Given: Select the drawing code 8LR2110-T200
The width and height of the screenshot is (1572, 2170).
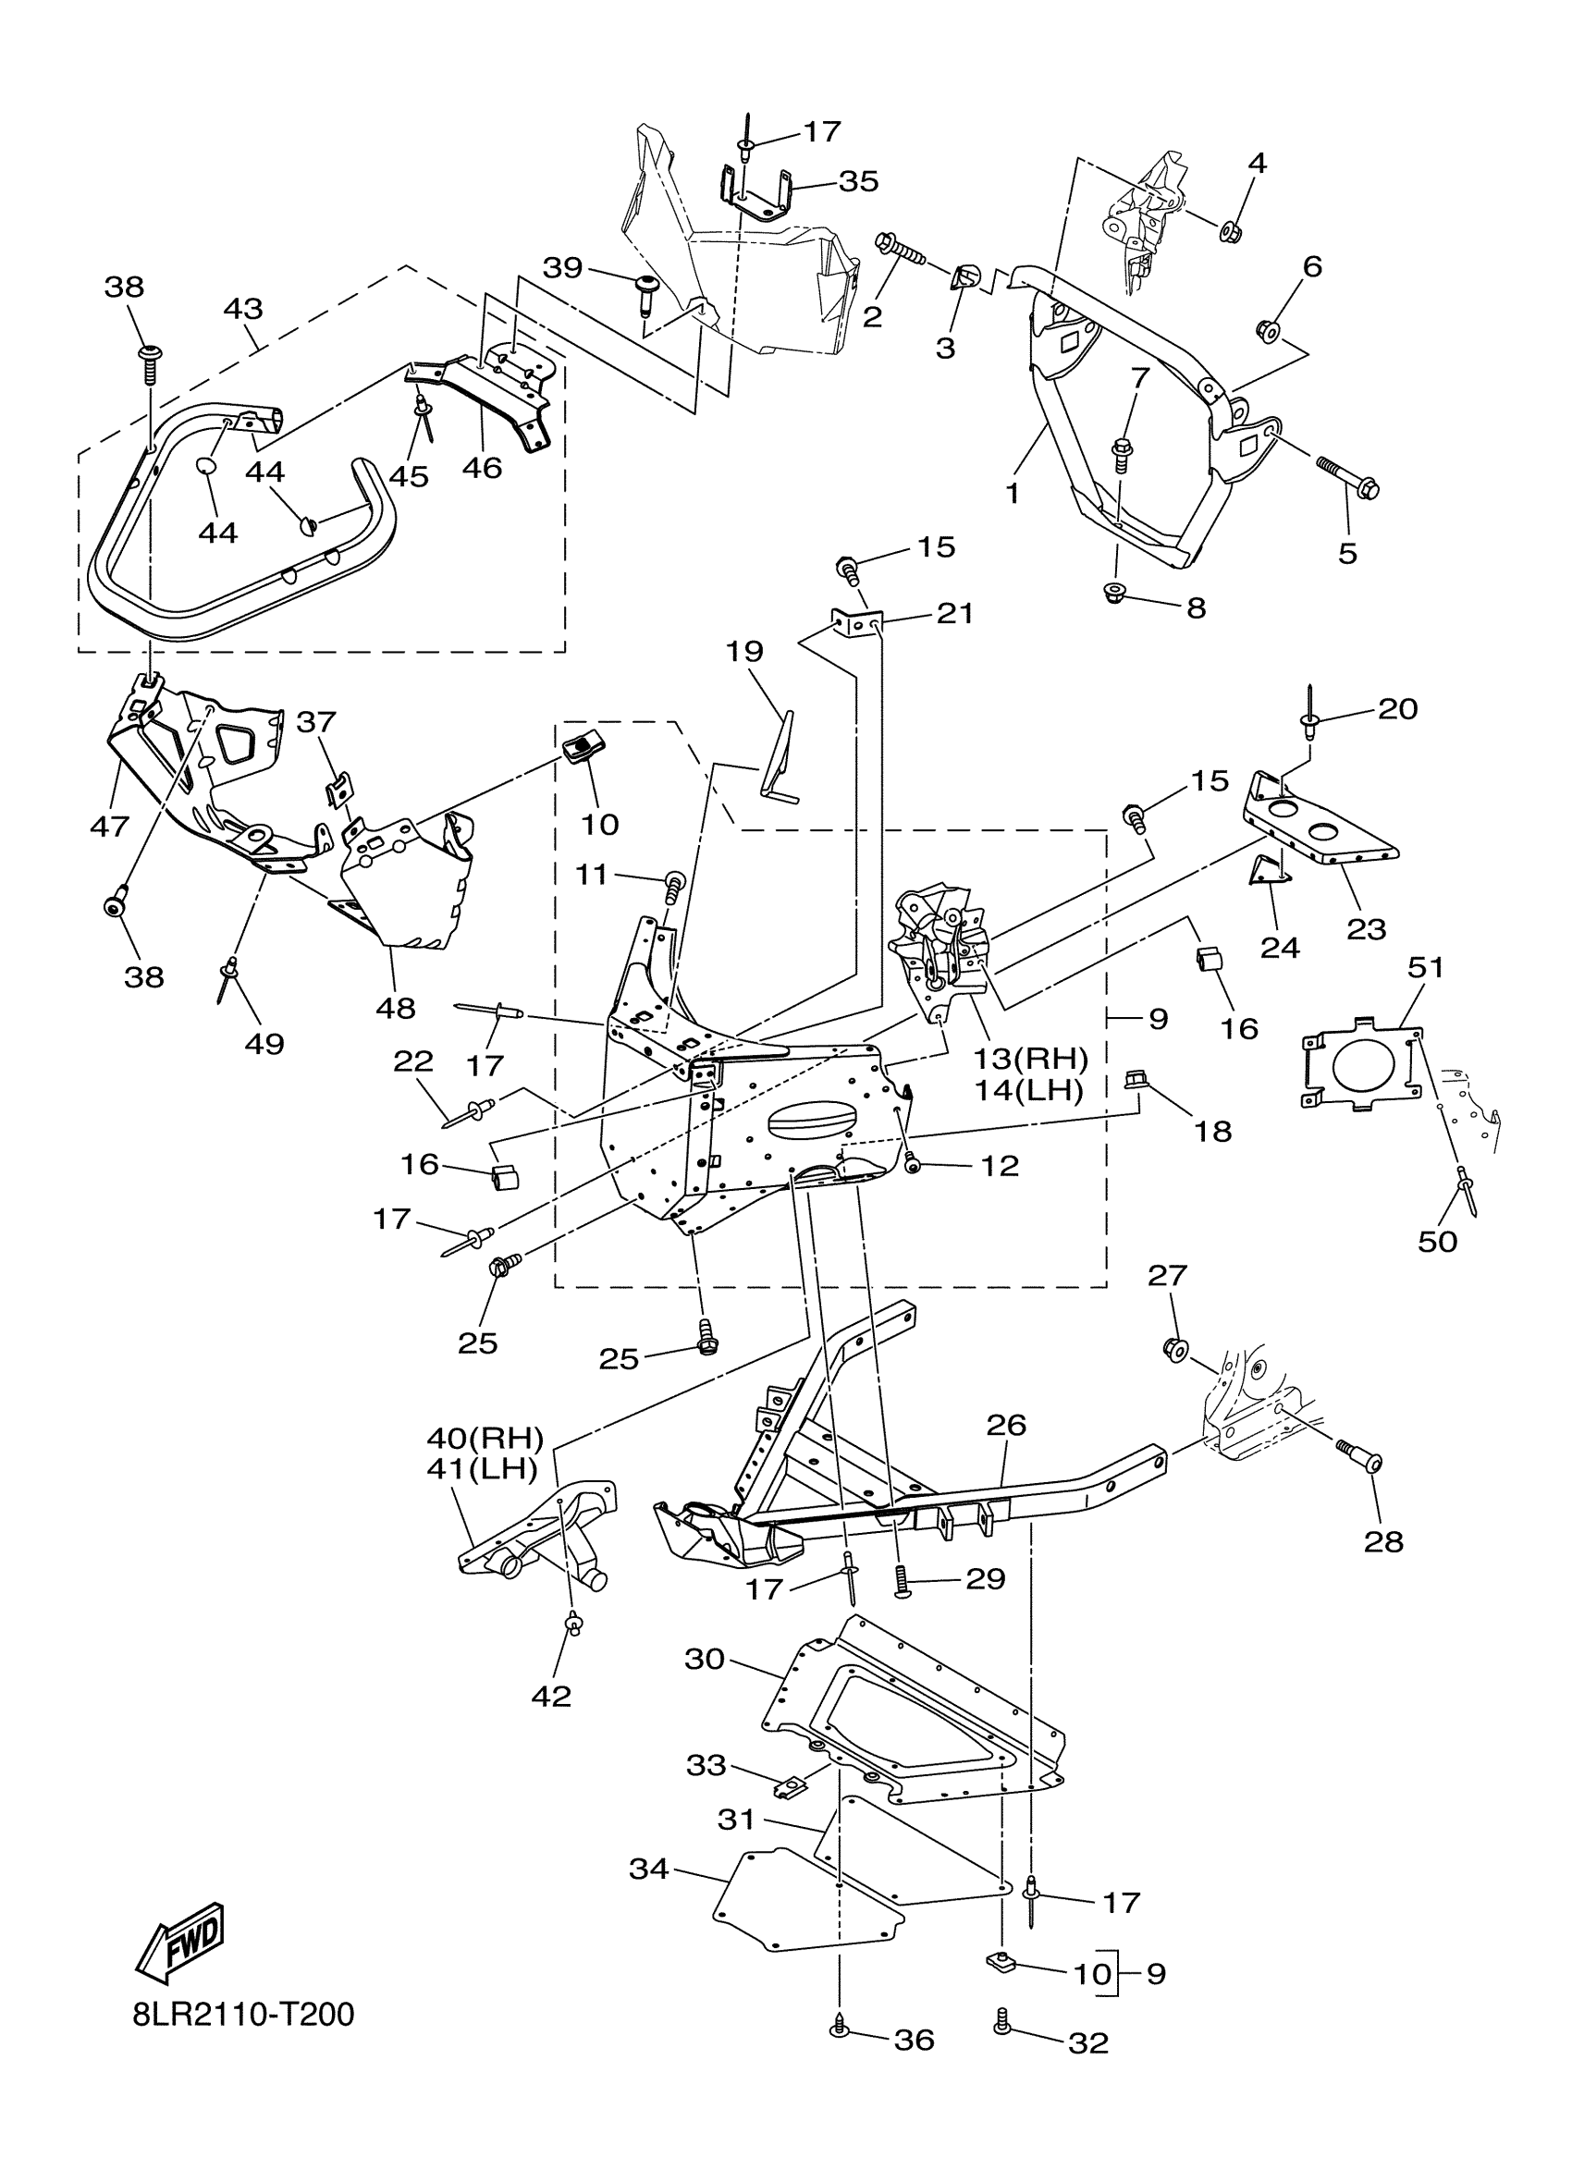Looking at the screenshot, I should click(244, 2015).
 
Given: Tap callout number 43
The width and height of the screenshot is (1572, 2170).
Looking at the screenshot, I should click(243, 309).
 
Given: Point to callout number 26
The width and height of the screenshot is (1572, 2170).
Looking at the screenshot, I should click(1005, 1452).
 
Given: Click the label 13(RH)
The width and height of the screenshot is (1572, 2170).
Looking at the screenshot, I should click(1031, 1059).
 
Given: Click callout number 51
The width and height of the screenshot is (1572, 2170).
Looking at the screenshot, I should click(1425, 967).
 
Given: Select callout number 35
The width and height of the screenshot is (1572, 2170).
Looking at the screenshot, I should click(858, 182).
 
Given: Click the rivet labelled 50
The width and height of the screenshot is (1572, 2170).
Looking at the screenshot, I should click(1467, 1192).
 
